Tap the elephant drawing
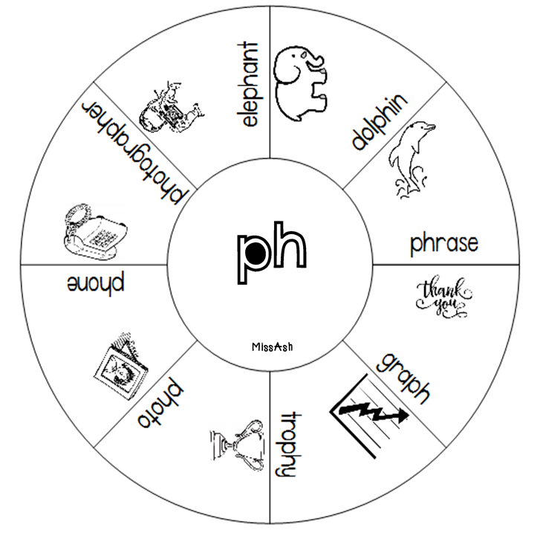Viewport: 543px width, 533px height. [x=302, y=81]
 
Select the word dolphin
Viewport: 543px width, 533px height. [x=380, y=122]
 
